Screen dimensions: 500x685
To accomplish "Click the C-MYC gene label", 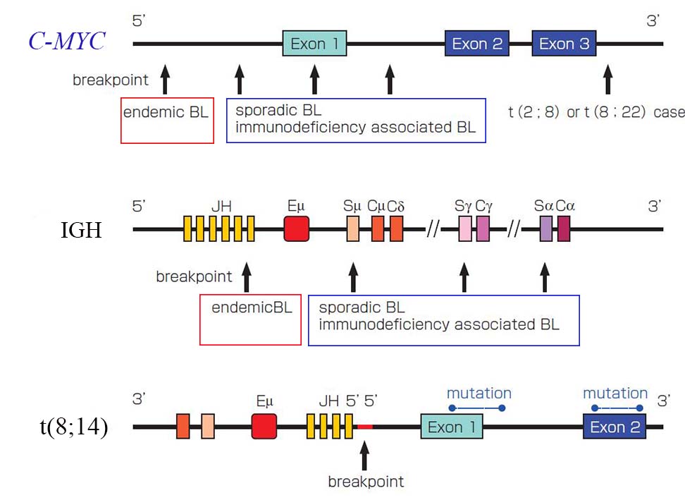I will pos(66,42).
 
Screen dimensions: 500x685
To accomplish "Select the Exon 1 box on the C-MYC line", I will pos(315,44).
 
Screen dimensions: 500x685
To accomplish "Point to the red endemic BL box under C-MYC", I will pos(167,121).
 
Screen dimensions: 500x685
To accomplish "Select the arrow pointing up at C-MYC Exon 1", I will pos(315,80).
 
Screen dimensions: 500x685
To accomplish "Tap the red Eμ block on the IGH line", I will pos(297,229).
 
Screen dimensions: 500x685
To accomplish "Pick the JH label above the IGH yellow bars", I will pos(221,206).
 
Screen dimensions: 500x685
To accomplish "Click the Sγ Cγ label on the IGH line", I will pos(474,206).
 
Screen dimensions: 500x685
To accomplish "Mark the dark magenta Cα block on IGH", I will pos(563,229).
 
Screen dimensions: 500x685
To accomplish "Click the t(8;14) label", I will pos(73,427).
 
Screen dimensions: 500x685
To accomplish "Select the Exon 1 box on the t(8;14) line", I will pos(452,427).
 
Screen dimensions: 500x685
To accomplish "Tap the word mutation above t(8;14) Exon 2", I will pos(615,393).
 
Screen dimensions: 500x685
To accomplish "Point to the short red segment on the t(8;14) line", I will pos(365,427).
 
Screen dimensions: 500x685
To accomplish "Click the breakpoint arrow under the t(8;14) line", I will pos(364,456).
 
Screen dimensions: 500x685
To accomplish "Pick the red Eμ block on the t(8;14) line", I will pos(264,427).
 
